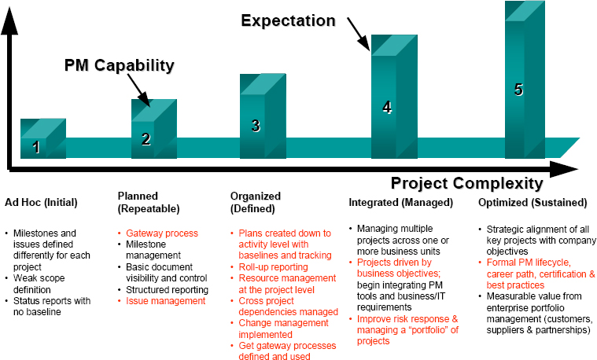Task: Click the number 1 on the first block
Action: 36,146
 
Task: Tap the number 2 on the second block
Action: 146,139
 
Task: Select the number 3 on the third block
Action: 255,125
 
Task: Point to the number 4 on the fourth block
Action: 387,108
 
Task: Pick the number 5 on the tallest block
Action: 518,90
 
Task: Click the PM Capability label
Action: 119,64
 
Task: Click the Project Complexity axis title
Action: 466,184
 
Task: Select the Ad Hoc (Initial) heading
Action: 41,202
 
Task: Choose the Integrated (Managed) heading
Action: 400,202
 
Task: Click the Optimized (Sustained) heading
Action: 530,202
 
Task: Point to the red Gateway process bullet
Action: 162,233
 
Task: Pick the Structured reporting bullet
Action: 167,289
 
